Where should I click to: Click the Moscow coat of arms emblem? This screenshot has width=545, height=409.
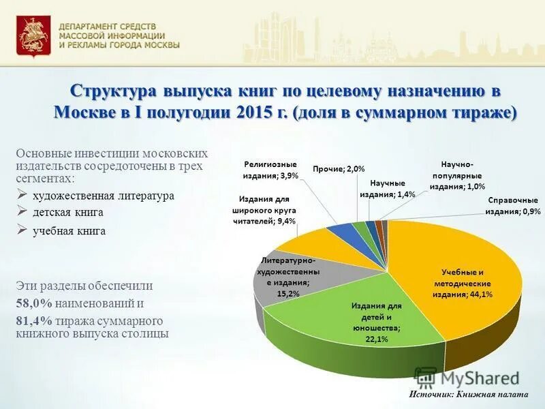[x=29, y=37]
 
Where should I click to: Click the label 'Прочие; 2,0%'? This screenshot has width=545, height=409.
[x=339, y=169]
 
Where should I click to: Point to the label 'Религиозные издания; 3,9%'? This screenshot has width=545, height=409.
[x=270, y=170]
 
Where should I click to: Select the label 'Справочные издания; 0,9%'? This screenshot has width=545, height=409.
[x=512, y=206]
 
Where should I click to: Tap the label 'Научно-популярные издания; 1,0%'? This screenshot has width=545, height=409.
[x=457, y=175]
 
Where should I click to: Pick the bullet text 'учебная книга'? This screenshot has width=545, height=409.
[x=69, y=231]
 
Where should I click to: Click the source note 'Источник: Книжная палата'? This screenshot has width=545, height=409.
[x=469, y=395]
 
